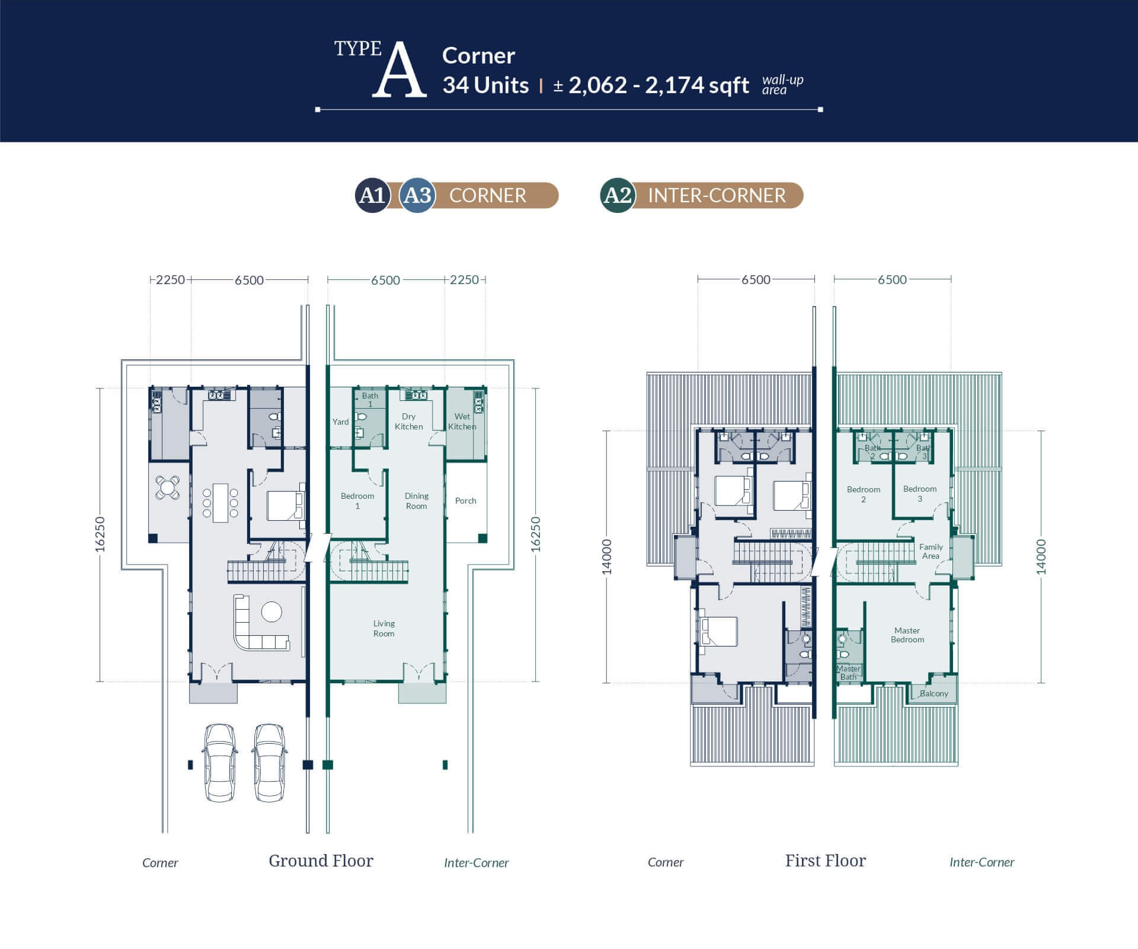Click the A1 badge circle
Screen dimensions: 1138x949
372,195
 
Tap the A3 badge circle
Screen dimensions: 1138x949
417,195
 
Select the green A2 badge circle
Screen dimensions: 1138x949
618,195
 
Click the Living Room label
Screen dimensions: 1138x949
384,629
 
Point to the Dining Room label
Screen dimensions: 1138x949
417,501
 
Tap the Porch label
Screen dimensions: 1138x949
466,501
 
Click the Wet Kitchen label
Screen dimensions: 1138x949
462,422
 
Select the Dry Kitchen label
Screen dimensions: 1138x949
409,422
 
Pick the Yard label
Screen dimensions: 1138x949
341,422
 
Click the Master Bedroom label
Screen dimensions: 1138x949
907,635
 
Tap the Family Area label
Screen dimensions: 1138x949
931,552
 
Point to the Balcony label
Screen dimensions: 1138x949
934,693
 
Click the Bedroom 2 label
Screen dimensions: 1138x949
864,494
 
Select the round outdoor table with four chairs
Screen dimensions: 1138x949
168,488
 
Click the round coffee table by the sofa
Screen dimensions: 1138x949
271,612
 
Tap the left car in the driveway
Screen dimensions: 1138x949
219,763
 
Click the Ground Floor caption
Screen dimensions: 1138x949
321,861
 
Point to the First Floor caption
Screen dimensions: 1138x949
826,861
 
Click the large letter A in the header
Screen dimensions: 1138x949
399,69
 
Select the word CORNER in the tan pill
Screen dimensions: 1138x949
488,195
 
